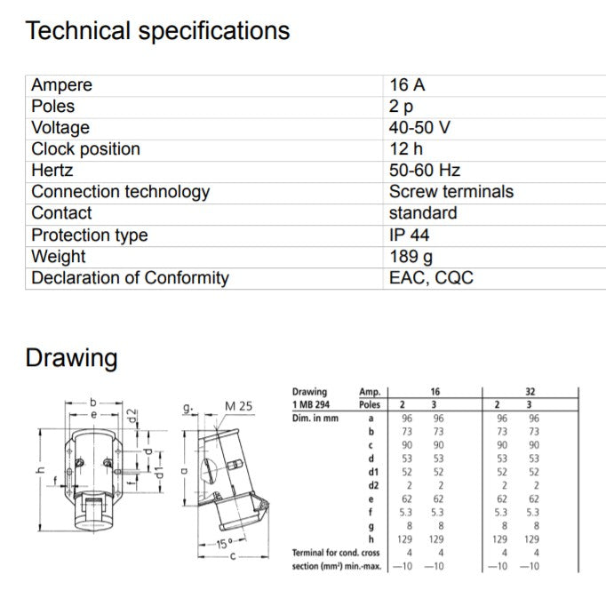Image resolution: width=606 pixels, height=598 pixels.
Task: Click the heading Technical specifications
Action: tap(157, 31)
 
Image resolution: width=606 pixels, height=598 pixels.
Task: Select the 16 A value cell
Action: tap(407, 85)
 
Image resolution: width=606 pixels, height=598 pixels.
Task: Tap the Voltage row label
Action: tap(60, 128)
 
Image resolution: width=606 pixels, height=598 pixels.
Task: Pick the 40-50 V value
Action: tap(419, 128)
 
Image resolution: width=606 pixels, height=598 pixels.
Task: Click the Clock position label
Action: tap(85, 149)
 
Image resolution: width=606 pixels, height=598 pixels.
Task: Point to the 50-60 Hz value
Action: tap(425, 171)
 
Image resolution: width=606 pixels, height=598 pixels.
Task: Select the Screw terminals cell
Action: tap(451, 192)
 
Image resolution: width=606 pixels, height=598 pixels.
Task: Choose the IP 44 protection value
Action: tap(410, 235)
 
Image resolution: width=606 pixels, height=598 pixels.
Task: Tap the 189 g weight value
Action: tap(411, 257)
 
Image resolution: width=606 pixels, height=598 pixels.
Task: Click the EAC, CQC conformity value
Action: tap(431, 278)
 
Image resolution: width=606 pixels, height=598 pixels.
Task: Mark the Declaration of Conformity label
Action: tap(130, 278)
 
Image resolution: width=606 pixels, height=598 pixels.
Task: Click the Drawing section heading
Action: tap(71, 359)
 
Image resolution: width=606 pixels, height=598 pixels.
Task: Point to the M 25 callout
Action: tap(239, 406)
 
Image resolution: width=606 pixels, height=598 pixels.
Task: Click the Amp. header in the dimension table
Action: tap(369, 391)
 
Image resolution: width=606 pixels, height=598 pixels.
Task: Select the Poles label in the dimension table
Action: tap(369, 404)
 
